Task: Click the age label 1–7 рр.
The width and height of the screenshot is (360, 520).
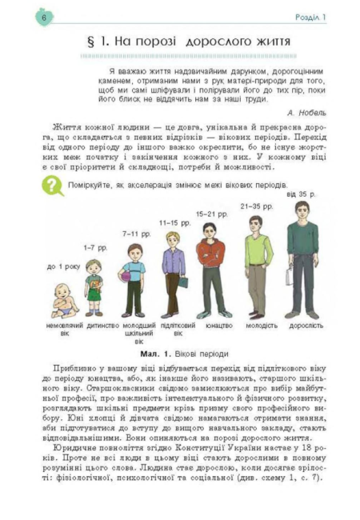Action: (95, 248)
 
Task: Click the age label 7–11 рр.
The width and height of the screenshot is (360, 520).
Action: (135, 234)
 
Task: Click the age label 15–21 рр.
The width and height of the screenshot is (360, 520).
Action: (211, 214)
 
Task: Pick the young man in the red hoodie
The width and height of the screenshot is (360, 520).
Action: (212, 268)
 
